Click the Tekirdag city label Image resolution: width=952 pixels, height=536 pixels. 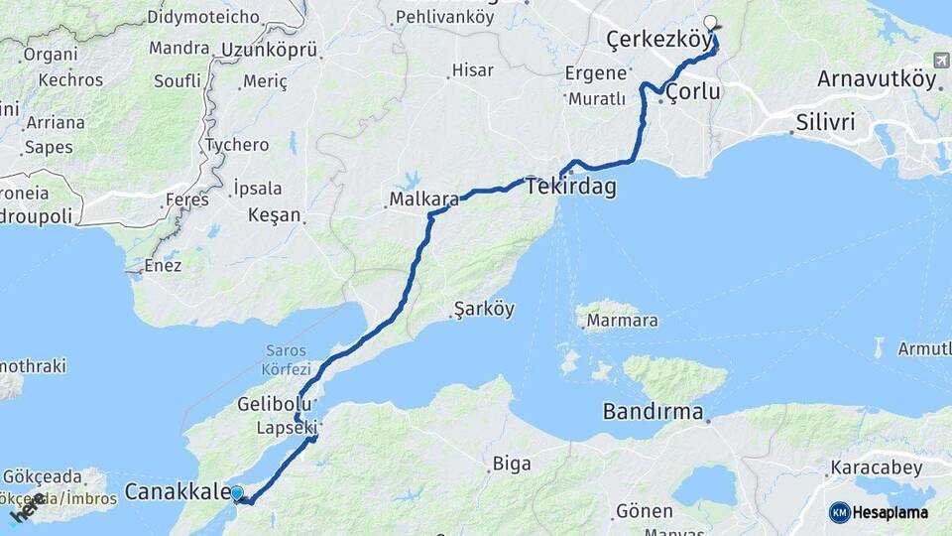[570, 187]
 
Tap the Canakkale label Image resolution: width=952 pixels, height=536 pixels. [177, 491]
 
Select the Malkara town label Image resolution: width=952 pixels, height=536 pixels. [423, 200]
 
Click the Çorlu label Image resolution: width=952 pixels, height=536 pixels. [692, 92]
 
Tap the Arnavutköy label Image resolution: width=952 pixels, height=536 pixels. [877, 79]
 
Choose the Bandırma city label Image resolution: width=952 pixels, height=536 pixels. [654, 411]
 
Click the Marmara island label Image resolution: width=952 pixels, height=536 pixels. [622, 321]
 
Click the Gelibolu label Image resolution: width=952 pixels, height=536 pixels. [275, 404]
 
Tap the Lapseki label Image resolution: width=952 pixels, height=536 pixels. [286, 428]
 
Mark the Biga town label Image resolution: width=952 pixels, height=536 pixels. [512, 463]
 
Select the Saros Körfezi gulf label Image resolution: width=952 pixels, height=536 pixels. [287, 359]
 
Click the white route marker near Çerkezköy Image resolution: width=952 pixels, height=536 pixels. [710, 23]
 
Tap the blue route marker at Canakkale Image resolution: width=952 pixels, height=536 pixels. [236, 492]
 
